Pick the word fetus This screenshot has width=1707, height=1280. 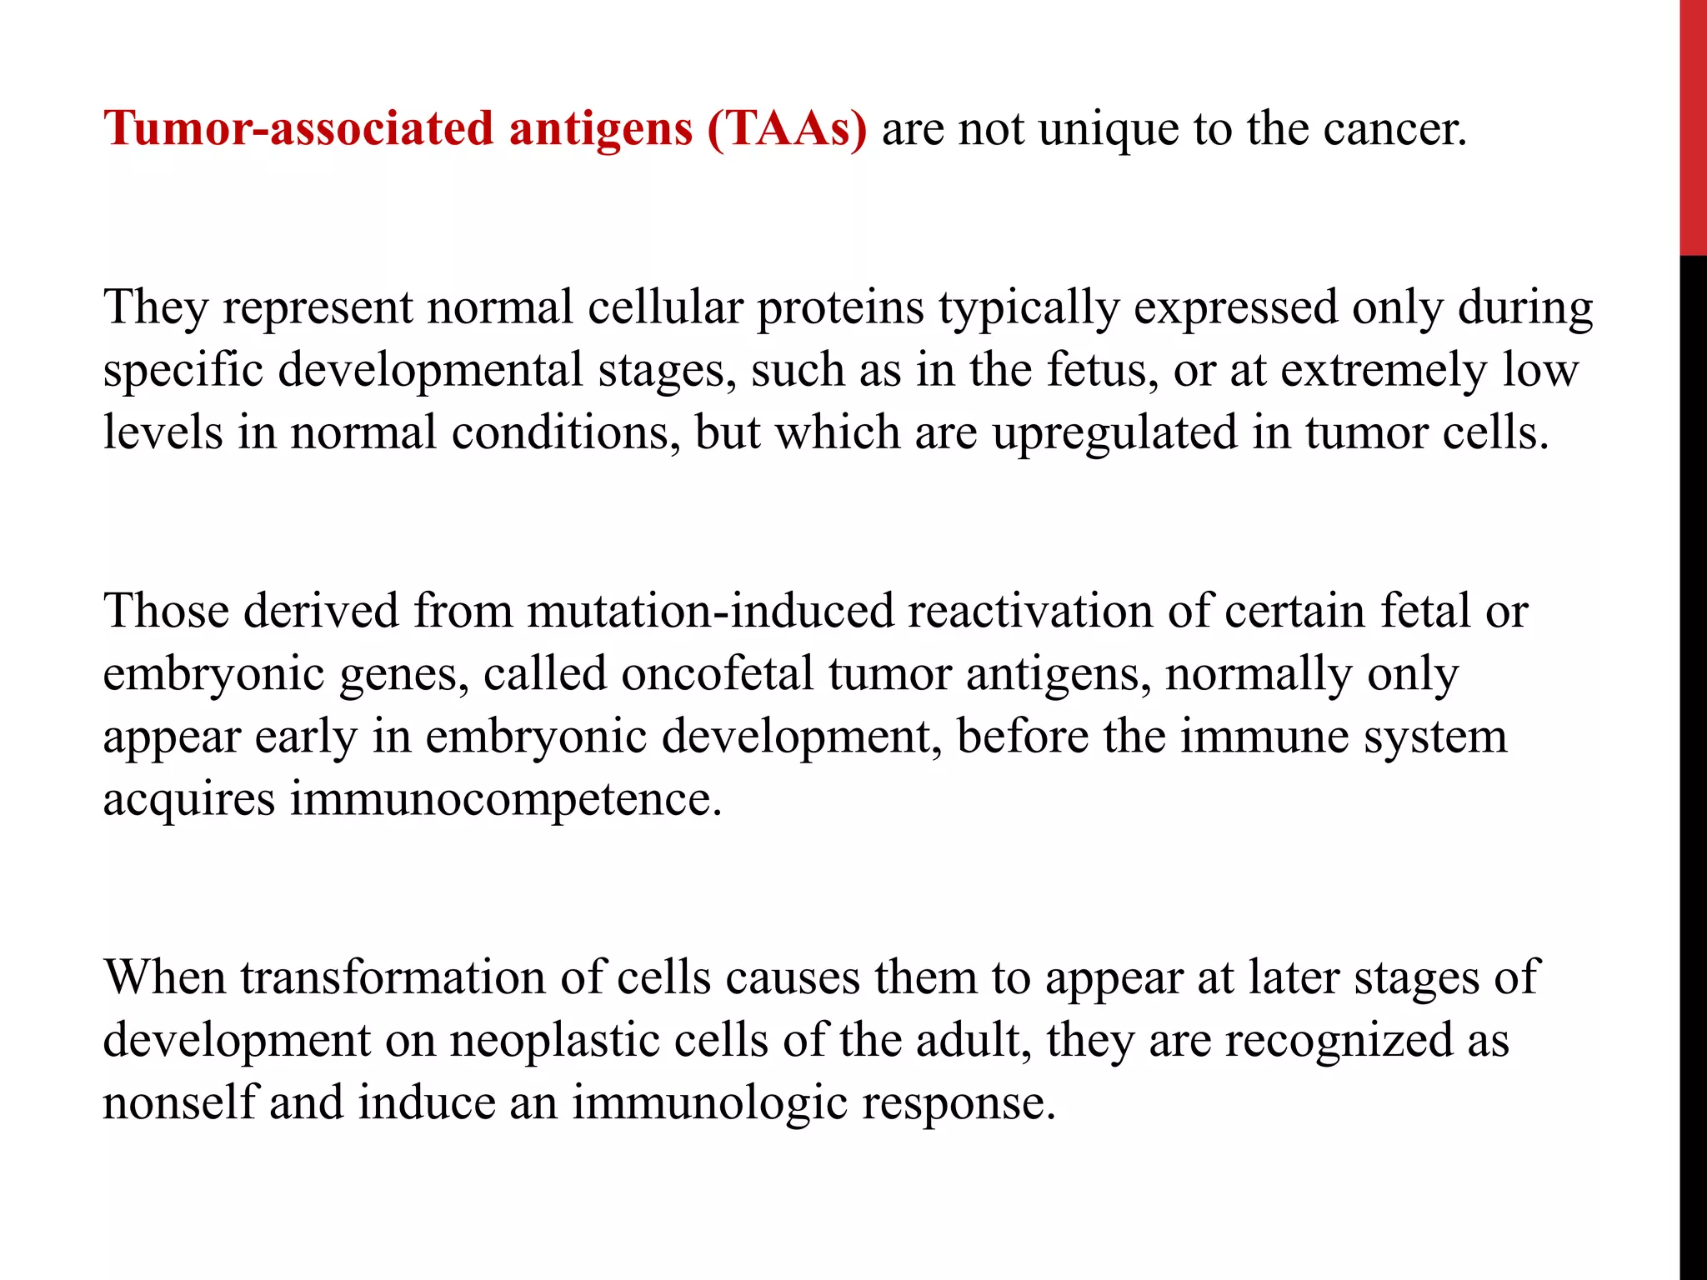click(1101, 370)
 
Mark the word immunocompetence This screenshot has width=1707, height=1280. click(505, 799)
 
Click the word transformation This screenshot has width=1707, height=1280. click(393, 977)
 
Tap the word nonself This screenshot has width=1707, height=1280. click(179, 1103)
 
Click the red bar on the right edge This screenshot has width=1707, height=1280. click(1693, 125)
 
